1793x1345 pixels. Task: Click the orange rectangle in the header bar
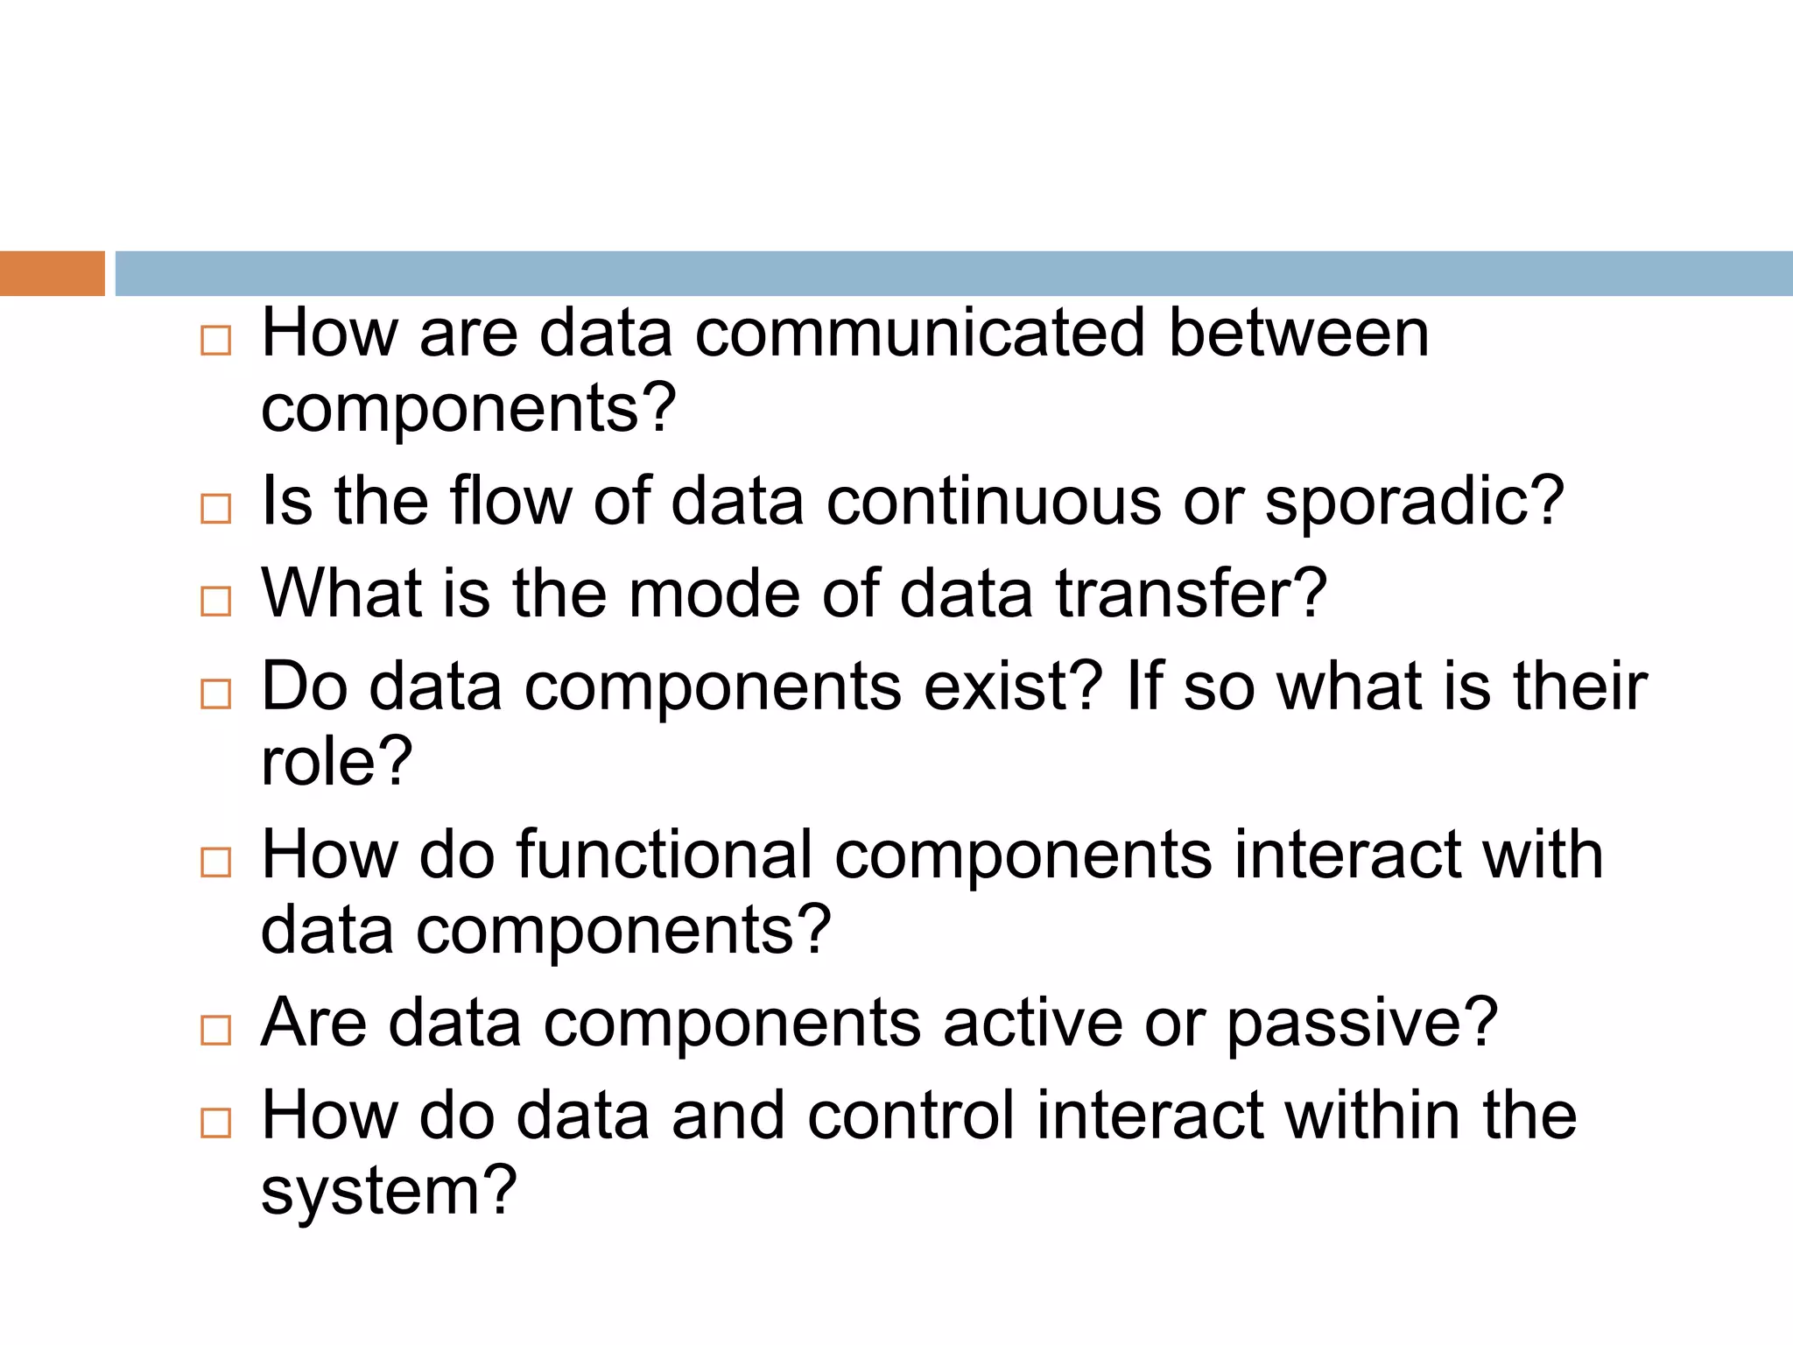coord(52,273)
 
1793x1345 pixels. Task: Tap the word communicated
coord(919,334)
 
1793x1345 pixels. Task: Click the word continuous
coord(993,502)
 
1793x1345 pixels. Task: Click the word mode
coord(714,594)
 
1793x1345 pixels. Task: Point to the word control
coord(910,1116)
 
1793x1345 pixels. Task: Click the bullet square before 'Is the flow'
coord(215,509)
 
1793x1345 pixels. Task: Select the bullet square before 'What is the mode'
coord(215,602)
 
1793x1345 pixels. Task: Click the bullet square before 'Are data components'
coord(215,1031)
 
